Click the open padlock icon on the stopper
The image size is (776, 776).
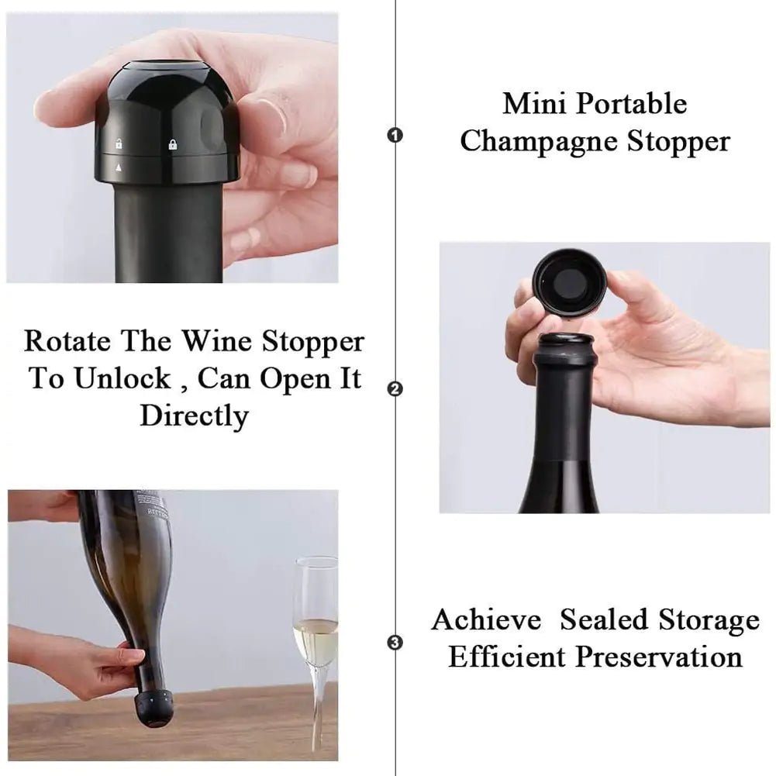pos(119,143)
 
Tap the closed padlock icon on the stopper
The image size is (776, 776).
pos(172,143)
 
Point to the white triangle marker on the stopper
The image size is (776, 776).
pos(119,166)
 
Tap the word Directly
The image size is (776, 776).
pos(194,416)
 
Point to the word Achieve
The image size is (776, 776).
pos(486,620)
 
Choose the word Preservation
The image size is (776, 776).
pos(659,657)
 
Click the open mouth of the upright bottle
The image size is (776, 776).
pos(566,340)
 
